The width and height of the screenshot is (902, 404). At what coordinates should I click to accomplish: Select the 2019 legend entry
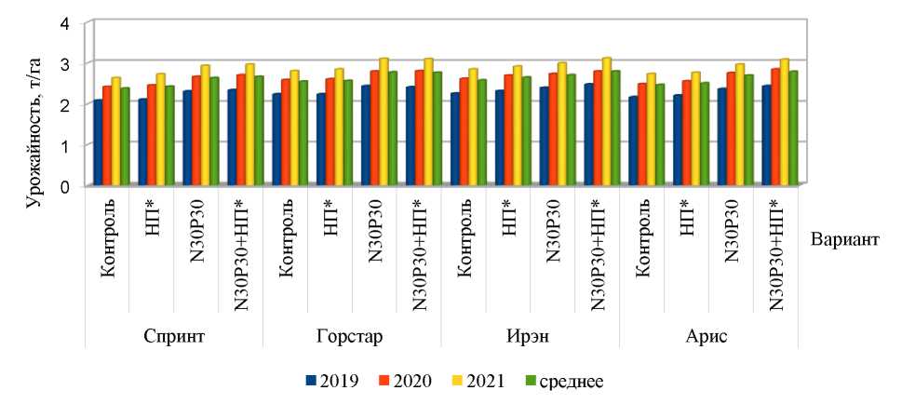click(x=327, y=381)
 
